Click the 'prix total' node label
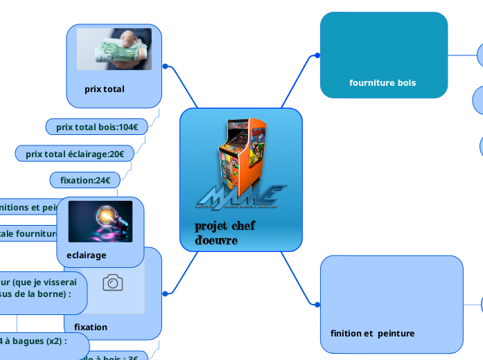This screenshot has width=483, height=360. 105,89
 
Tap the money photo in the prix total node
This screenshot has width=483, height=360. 114,49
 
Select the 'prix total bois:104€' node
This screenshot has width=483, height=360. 97,127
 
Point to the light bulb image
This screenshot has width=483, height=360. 100,222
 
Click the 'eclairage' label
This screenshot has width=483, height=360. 87,255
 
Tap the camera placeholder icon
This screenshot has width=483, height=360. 113,282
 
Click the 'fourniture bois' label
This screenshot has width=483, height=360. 383,83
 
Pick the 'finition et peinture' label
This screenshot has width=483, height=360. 372,334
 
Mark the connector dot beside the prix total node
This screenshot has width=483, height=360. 165,66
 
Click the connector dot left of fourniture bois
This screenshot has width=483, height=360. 317,55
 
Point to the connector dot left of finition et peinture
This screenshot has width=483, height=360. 317,305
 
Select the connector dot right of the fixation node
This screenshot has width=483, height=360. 166,294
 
